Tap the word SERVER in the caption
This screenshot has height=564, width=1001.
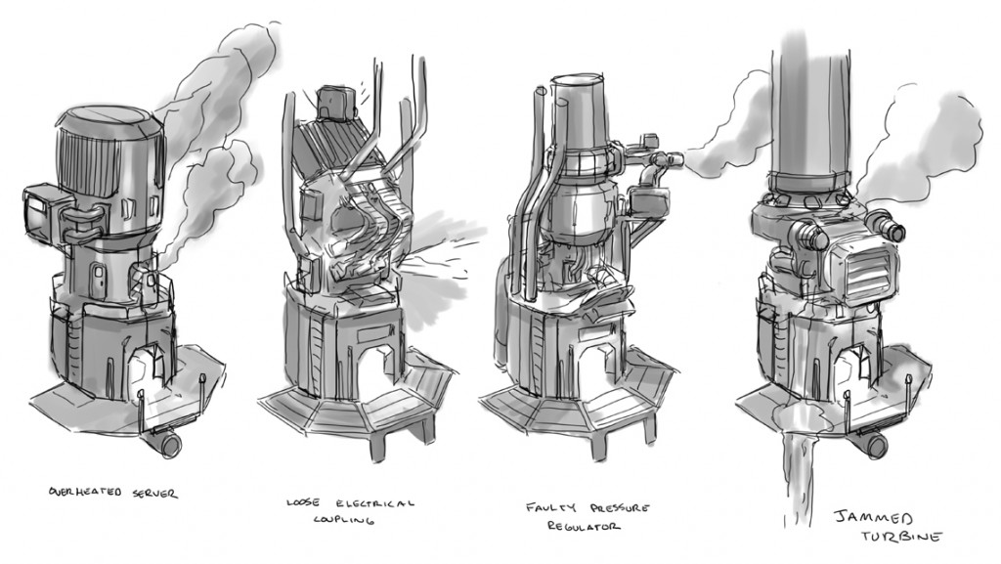[x=155, y=494]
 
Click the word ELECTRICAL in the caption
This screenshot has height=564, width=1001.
[x=374, y=502]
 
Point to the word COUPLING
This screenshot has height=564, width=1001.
[x=343, y=520]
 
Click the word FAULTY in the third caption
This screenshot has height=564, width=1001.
[x=550, y=508]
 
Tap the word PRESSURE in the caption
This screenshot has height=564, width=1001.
[x=619, y=508]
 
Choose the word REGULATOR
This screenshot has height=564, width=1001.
[x=583, y=526]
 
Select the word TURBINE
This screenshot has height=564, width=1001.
[x=901, y=537]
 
